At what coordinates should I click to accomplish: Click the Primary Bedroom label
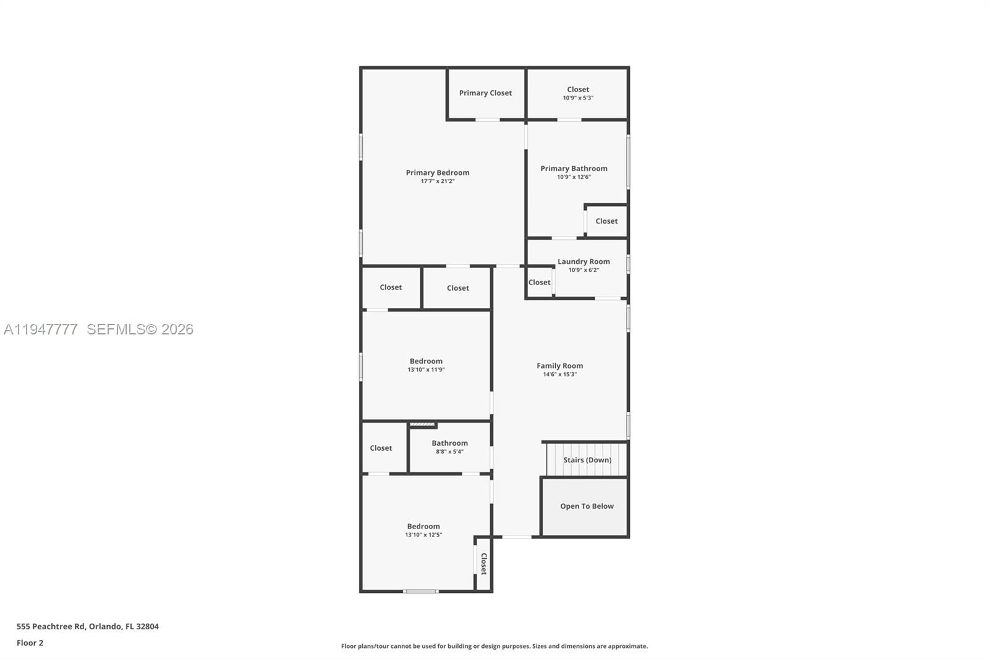(x=437, y=172)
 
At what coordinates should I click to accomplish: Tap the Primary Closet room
(x=485, y=93)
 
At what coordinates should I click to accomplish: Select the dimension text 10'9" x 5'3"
(x=578, y=98)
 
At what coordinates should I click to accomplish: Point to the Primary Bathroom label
(x=574, y=168)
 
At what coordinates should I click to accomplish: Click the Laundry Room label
(x=584, y=261)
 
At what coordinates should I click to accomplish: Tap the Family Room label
(x=559, y=366)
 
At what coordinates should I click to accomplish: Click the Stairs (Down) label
(x=587, y=460)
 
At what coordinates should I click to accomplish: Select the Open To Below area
(x=586, y=506)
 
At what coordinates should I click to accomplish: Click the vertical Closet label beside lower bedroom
(x=484, y=564)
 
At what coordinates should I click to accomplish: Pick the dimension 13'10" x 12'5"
(x=423, y=535)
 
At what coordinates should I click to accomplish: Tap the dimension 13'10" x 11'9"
(x=426, y=370)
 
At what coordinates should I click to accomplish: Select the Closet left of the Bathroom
(x=381, y=448)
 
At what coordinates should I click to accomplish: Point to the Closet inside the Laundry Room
(x=539, y=283)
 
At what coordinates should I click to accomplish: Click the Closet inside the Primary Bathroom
(x=606, y=221)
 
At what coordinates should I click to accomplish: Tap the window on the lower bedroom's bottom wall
(x=421, y=592)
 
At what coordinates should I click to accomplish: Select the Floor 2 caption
(x=30, y=643)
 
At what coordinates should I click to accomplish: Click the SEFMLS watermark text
(x=140, y=329)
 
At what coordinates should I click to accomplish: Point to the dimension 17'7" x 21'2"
(x=437, y=182)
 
